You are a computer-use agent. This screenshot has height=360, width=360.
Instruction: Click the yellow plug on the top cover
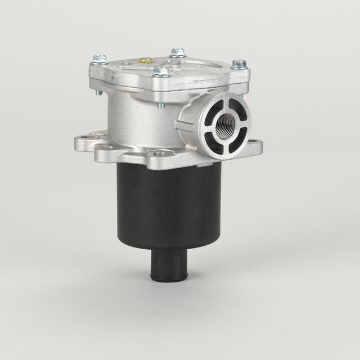point(146,59)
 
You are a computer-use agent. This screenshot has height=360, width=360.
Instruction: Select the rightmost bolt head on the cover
point(238,64)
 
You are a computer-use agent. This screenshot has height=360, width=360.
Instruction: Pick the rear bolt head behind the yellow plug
point(177,52)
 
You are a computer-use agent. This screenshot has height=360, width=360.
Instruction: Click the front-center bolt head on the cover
point(162,71)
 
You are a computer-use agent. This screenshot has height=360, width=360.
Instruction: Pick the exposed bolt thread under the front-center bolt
point(161,103)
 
